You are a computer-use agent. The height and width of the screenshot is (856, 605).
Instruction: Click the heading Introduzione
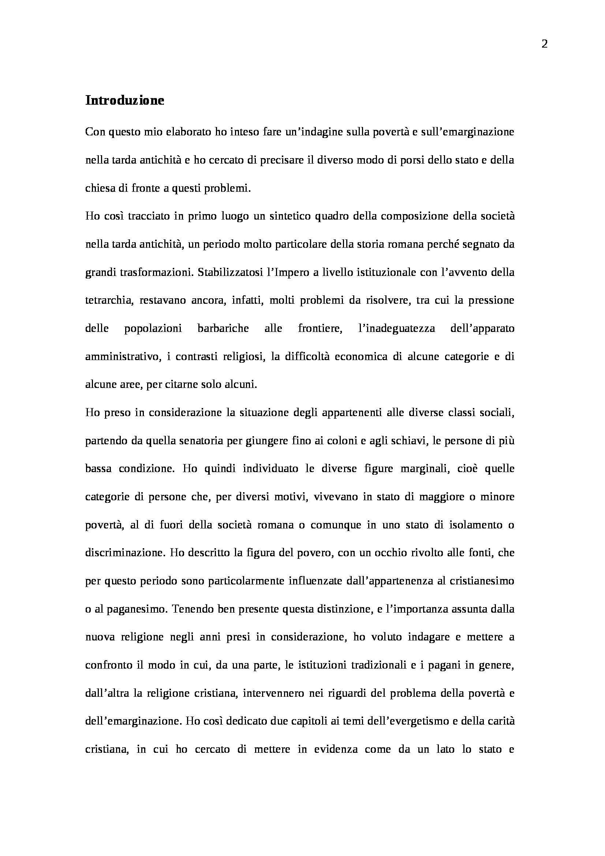(x=124, y=101)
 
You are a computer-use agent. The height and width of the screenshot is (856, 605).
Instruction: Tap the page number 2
(x=544, y=44)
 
